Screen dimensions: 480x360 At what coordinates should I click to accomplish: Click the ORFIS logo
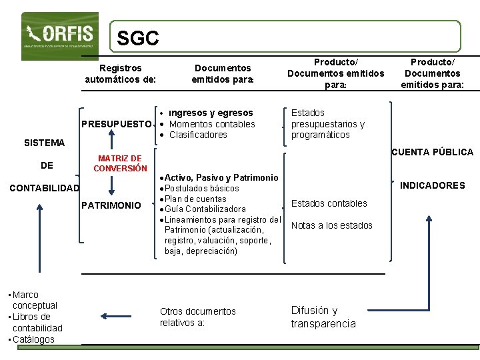click(59, 35)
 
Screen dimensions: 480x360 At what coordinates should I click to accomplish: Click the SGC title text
click(137, 39)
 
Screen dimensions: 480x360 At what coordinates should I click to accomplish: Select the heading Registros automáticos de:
click(120, 73)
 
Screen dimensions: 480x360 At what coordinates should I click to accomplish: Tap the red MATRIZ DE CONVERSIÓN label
click(119, 163)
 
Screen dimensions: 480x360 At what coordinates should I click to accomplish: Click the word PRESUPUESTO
click(116, 124)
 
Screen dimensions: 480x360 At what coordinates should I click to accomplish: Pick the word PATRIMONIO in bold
click(111, 205)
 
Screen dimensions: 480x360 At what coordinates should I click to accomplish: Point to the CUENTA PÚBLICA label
click(432, 152)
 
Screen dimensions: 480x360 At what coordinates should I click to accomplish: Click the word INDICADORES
click(433, 185)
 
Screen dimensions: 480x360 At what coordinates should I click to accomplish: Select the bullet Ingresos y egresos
click(211, 113)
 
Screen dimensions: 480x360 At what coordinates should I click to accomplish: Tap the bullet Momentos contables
click(212, 124)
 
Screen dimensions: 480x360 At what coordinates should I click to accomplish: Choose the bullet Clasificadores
click(198, 135)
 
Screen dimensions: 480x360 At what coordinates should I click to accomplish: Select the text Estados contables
click(329, 203)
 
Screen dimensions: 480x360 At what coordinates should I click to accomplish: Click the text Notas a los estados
click(331, 225)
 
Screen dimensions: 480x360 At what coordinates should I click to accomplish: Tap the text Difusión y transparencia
click(323, 317)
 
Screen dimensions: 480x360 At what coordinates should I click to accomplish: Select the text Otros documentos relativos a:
click(197, 317)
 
